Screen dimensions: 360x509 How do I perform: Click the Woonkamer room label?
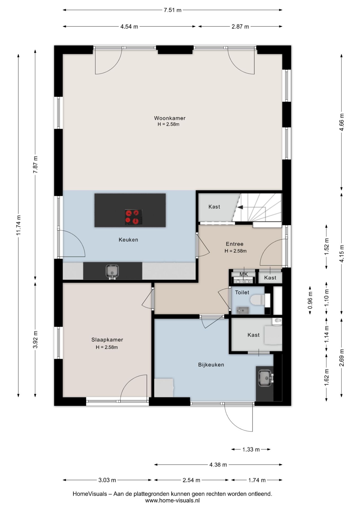[170, 118]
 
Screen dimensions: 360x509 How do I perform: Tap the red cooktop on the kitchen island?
[134, 217]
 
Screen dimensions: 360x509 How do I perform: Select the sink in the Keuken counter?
[112, 271]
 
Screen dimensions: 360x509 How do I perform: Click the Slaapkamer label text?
[107, 340]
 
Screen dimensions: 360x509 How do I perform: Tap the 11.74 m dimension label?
[18, 225]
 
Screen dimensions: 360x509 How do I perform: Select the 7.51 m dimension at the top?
[172, 10]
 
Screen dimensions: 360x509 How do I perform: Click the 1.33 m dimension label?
[251, 449]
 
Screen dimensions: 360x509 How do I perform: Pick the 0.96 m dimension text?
[310, 300]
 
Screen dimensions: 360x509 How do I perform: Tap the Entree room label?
[234, 244]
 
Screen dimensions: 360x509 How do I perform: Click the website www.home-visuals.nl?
[172, 501]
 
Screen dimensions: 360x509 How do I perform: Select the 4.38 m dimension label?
[218, 464]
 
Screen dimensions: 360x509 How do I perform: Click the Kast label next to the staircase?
[214, 207]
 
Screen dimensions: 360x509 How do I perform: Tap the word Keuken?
[128, 240]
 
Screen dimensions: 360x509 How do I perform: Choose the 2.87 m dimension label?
[240, 27]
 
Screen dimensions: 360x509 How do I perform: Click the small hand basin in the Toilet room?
[242, 309]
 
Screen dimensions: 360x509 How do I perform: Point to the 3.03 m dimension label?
[107, 480]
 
